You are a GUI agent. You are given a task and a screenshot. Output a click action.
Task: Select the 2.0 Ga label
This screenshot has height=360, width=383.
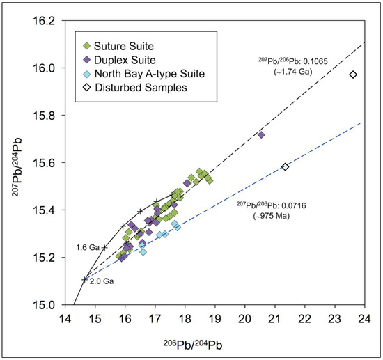tap(102, 281)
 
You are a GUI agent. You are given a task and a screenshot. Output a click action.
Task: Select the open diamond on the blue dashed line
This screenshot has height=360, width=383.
tap(285, 167)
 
